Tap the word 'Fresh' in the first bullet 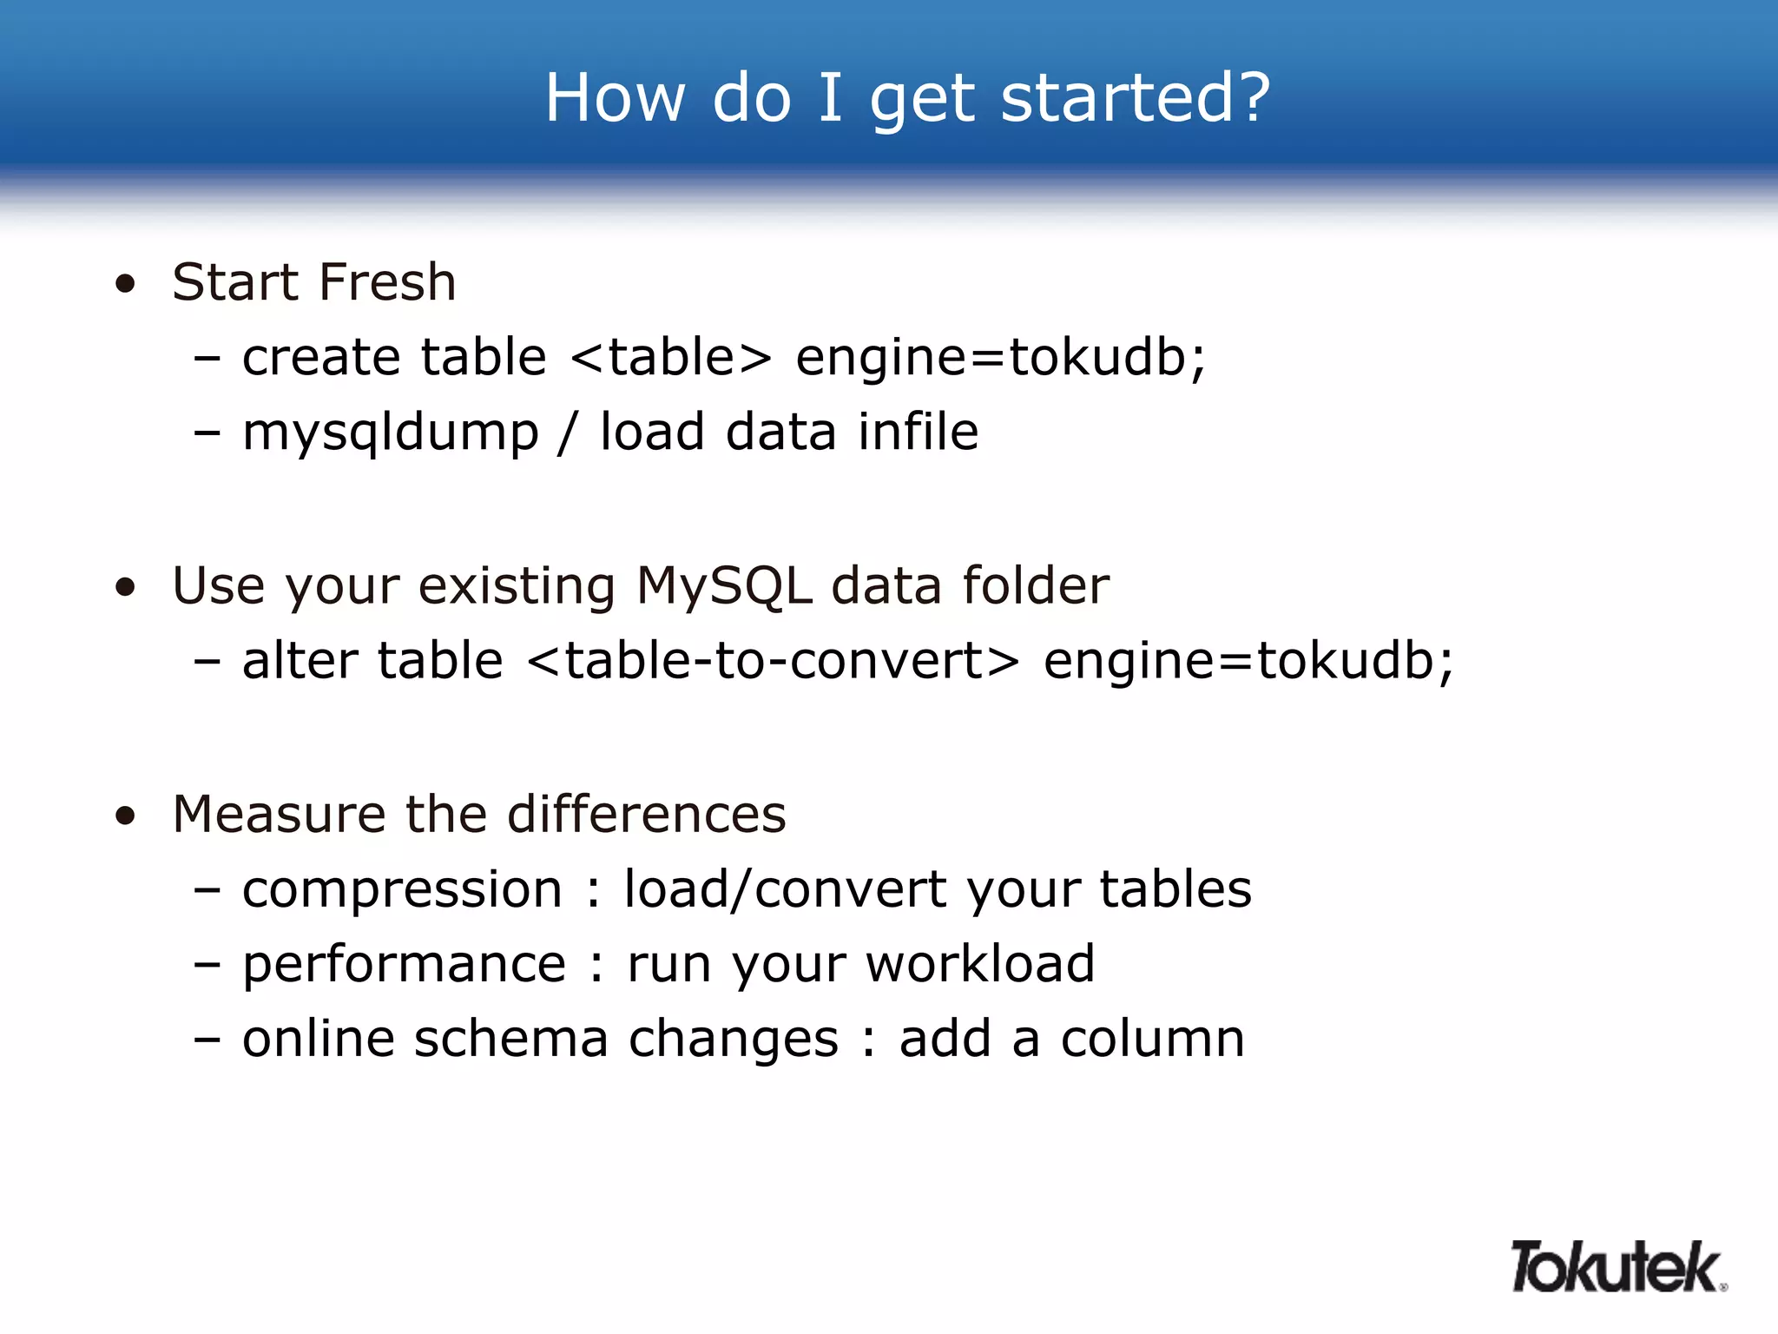pos(387,282)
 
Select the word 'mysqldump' pos(391,433)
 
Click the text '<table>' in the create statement pos(671,357)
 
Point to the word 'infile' pos(918,432)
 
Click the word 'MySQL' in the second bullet pos(724,585)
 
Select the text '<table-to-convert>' pos(773,661)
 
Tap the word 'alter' pos(300,661)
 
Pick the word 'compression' pos(402,890)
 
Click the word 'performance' pos(404,965)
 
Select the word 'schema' pos(510,1039)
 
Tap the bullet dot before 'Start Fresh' pos(126,284)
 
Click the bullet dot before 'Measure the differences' pos(126,816)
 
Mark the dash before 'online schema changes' pos(207,1039)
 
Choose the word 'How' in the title pos(615,97)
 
